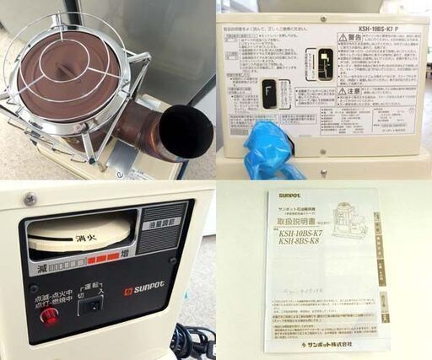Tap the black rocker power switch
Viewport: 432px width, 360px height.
pyautogui.click(x=89, y=305)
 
